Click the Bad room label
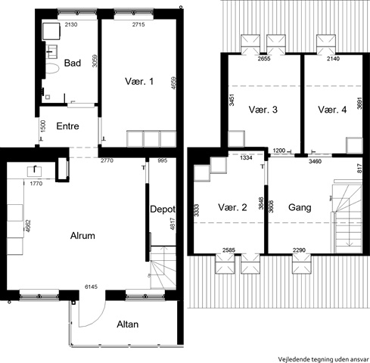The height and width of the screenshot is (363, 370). [x=73, y=63]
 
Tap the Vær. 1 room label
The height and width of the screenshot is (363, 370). [x=139, y=82]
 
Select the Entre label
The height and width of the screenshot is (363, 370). [x=67, y=126]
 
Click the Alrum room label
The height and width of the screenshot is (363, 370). [x=82, y=236]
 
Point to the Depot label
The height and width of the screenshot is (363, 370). [x=163, y=209]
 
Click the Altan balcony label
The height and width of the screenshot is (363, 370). [x=128, y=324]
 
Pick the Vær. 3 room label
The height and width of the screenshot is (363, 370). [x=263, y=110]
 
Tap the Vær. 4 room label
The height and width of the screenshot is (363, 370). [x=332, y=110]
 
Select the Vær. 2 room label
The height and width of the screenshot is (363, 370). [x=232, y=207]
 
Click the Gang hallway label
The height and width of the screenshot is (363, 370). [x=300, y=207]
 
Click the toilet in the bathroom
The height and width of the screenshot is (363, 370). [x=52, y=68]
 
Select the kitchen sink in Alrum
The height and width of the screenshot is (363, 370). [x=34, y=171]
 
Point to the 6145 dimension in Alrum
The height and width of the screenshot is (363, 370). [x=91, y=287]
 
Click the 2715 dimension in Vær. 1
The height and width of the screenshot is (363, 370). [x=138, y=24]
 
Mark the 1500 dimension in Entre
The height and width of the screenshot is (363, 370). [x=43, y=126]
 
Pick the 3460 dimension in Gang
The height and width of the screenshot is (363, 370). [x=316, y=161]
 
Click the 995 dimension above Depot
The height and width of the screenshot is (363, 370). [x=163, y=160]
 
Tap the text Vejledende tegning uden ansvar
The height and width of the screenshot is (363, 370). [x=324, y=359]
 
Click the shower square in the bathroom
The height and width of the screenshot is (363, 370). [x=51, y=31]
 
